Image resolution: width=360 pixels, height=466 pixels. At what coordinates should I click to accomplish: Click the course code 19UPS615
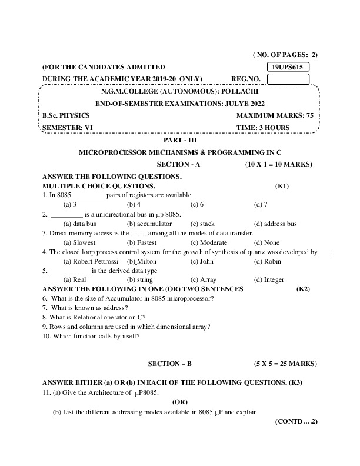[x=289, y=67]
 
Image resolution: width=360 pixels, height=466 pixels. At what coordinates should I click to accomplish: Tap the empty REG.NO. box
[x=289, y=79]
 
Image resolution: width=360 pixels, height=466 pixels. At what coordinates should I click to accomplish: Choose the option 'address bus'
[x=275, y=224]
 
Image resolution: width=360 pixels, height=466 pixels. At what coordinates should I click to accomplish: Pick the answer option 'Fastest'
[x=142, y=242]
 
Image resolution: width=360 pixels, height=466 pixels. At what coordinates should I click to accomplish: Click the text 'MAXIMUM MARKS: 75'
[x=275, y=115]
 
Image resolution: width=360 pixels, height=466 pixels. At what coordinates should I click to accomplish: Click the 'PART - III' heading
[x=179, y=140]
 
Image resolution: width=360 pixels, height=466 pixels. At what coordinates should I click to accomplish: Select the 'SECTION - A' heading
[x=179, y=165]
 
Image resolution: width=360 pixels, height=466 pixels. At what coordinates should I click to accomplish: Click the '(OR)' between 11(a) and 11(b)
[x=179, y=402]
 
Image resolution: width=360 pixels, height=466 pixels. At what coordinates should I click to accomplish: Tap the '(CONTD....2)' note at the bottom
[x=295, y=422]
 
